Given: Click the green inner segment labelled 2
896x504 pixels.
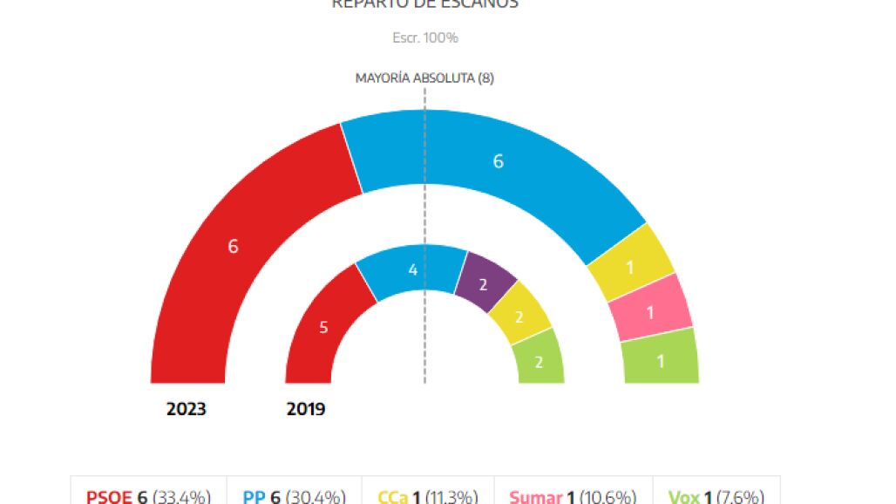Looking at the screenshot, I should point(540,361).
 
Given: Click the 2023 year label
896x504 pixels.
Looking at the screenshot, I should point(187,409).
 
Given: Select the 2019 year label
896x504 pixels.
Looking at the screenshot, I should point(306,409).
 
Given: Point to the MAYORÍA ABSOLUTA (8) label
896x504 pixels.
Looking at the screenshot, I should point(424,78).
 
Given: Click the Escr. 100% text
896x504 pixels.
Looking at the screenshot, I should point(424,37).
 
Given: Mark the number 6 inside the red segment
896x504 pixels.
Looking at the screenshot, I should point(233,247).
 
